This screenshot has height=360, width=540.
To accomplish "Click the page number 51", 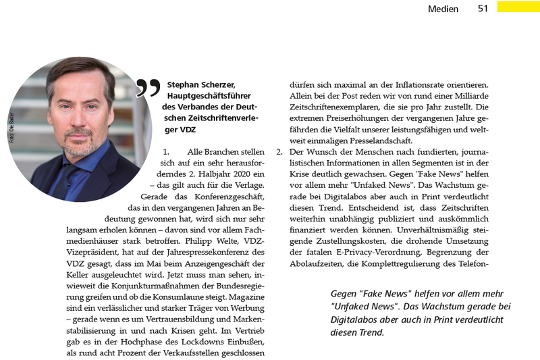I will click(483, 9).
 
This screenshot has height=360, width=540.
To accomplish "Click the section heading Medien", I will click(443, 9).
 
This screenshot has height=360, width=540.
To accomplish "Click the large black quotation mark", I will click(148, 87).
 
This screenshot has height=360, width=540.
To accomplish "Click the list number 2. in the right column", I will click(279, 152).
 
